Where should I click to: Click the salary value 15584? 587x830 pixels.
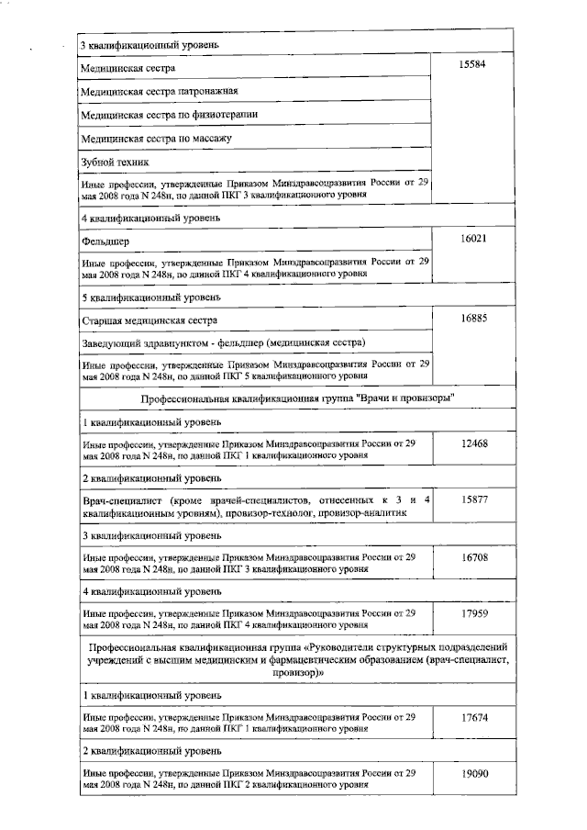(475, 67)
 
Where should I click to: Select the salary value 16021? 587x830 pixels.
(475, 239)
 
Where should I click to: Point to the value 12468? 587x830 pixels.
(475, 443)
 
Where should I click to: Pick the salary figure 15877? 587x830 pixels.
(475, 499)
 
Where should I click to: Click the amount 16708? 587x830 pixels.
(475, 556)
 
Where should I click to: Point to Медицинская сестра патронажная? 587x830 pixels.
(160, 92)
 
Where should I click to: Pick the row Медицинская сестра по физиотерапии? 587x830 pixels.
(170, 115)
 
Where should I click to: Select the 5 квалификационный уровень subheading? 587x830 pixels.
(151, 297)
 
